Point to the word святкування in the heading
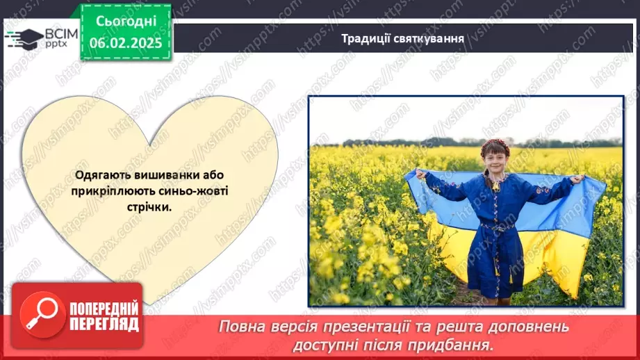(x=427, y=38)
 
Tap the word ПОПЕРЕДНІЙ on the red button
(x=103, y=309)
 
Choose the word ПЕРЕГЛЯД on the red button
(x=103, y=325)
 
